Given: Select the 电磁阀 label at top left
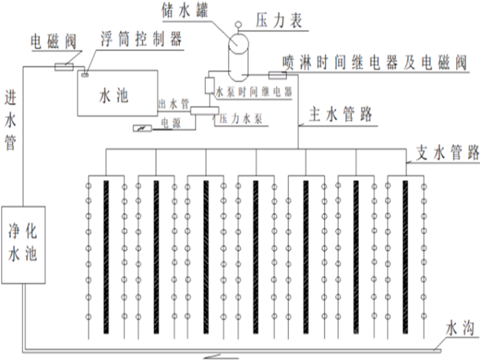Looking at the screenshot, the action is tap(54, 42).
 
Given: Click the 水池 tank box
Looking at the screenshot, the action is tap(114, 95).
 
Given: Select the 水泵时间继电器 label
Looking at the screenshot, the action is tap(253, 92).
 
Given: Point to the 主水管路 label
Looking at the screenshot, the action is tap(341, 116).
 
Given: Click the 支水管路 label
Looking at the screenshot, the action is tap(447, 153).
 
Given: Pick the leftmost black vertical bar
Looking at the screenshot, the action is tap(106, 257).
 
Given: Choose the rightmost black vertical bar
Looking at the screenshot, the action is tap(404, 257).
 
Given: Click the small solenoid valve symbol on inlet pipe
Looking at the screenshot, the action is tap(64, 65).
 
